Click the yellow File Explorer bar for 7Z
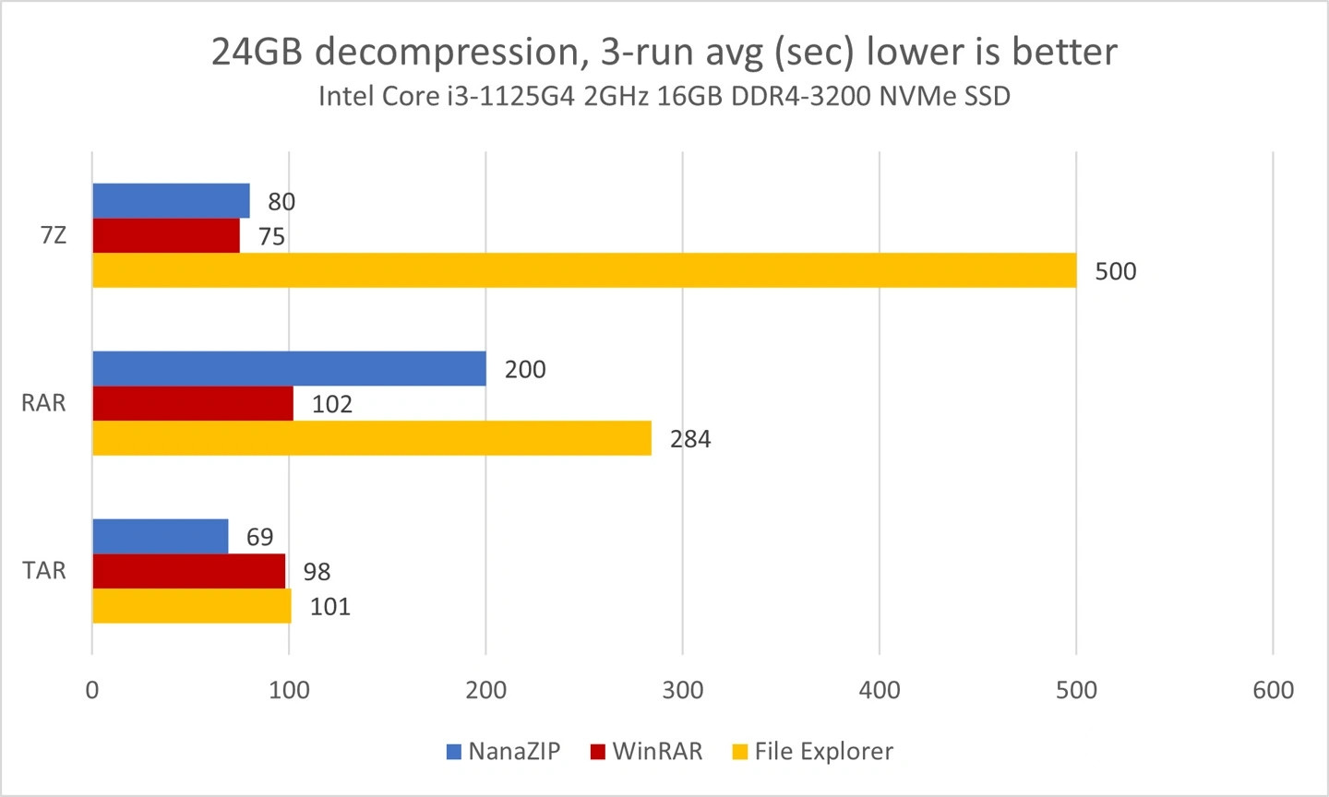584,270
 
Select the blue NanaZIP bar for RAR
289,369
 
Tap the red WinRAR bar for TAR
188,571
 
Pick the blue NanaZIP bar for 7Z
171,201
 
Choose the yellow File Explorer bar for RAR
372,438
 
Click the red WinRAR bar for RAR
193,403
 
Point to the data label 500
1115,271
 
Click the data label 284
690,439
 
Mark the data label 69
259,537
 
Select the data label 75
271,237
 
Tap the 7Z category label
54,235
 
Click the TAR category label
44,570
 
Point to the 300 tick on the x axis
683,690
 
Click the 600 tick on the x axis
1274,690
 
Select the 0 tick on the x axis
92,690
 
